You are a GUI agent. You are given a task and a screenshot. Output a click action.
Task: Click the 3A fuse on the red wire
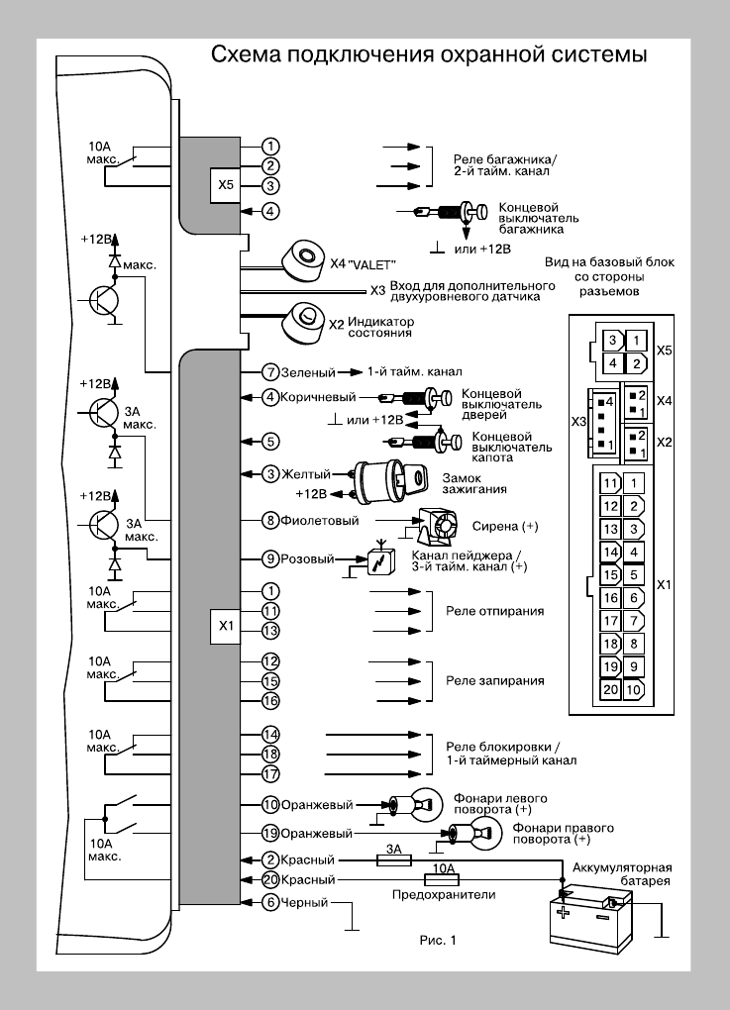pos(393,860)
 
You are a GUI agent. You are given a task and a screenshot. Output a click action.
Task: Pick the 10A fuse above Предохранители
pos(439,879)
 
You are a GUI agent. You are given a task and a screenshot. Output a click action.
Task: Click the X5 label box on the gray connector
pos(226,184)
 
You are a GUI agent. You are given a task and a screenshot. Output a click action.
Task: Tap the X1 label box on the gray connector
pos(226,626)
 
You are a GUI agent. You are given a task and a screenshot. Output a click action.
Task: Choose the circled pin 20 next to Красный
pos(270,879)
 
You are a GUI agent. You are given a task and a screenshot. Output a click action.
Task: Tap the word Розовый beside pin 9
pos(307,558)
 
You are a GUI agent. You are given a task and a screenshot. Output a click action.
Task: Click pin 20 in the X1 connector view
pos(611,689)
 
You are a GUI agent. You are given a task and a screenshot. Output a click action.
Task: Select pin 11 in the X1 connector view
pos(611,483)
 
